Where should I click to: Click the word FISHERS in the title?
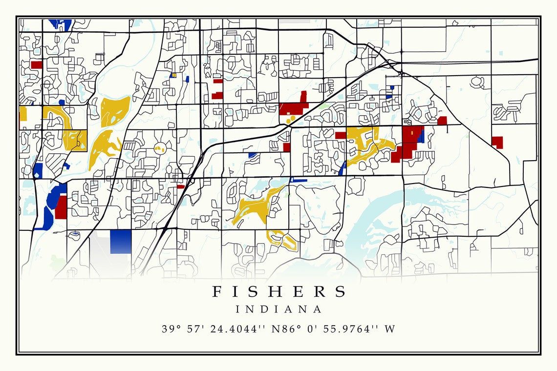coord(279,291)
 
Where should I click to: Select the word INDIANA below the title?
coord(279,309)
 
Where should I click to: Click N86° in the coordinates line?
coord(284,329)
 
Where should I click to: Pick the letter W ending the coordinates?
coord(389,329)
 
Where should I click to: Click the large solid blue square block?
coord(121,241)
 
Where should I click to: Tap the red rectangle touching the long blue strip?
coord(61,207)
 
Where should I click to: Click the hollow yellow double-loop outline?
coord(282,239)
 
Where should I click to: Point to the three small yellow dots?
coord(289,117)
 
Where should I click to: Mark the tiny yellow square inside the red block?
coord(411,132)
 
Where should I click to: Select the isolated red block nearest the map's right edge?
coord(497,142)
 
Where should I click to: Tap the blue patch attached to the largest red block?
coord(421,136)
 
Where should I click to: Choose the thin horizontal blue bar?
coord(299,180)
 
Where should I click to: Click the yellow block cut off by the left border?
coord(23,114)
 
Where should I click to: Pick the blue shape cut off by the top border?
coord(61,23)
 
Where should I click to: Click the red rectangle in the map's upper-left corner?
coord(36,64)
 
